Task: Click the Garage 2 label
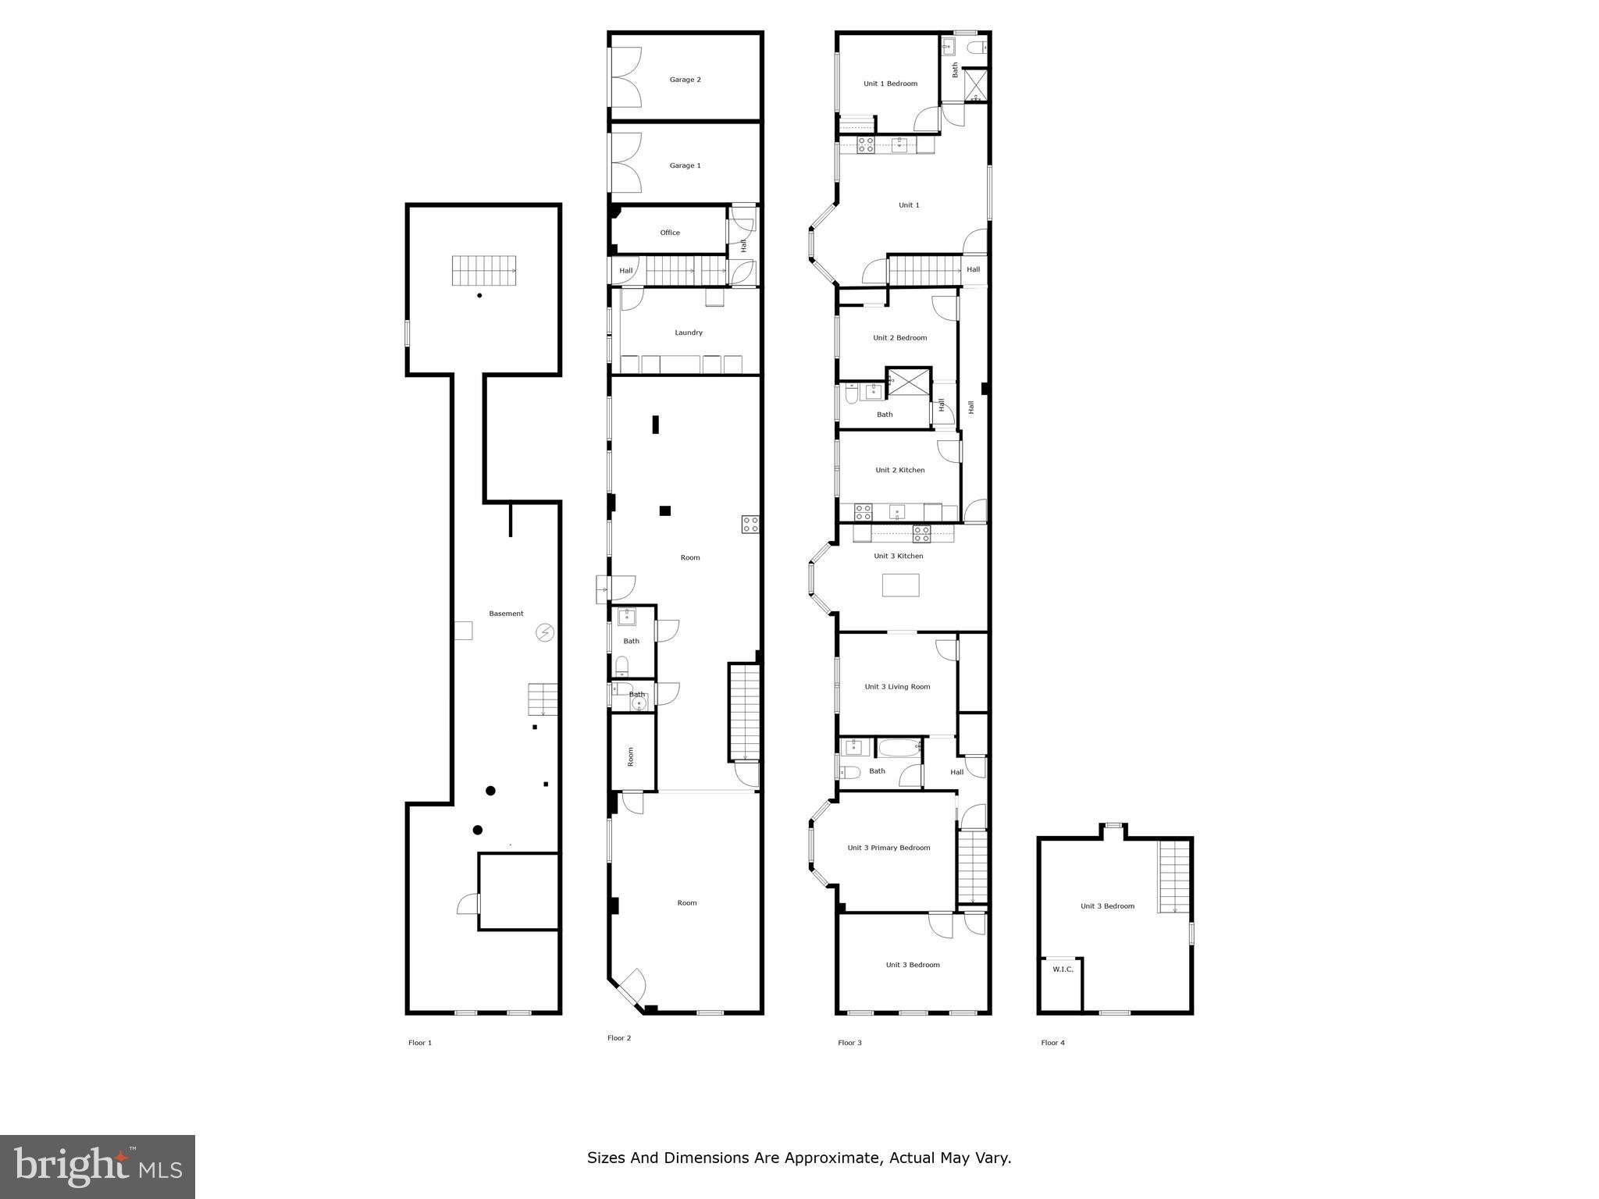(x=685, y=80)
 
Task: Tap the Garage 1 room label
(x=685, y=165)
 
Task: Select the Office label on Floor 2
(x=670, y=233)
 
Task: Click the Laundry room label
(x=689, y=333)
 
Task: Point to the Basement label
(x=506, y=614)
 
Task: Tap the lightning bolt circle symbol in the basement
(x=545, y=632)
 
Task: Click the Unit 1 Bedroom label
(x=890, y=84)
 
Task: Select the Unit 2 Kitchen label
(x=899, y=470)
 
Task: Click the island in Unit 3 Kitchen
(x=900, y=585)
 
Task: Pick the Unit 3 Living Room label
(x=897, y=687)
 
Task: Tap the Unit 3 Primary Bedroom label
(x=889, y=848)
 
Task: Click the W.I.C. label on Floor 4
(x=1063, y=970)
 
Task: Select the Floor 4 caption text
(x=1052, y=1043)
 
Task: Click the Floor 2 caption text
(x=619, y=1038)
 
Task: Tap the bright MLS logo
(x=98, y=1166)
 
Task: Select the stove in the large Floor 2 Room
(x=750, y=525)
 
